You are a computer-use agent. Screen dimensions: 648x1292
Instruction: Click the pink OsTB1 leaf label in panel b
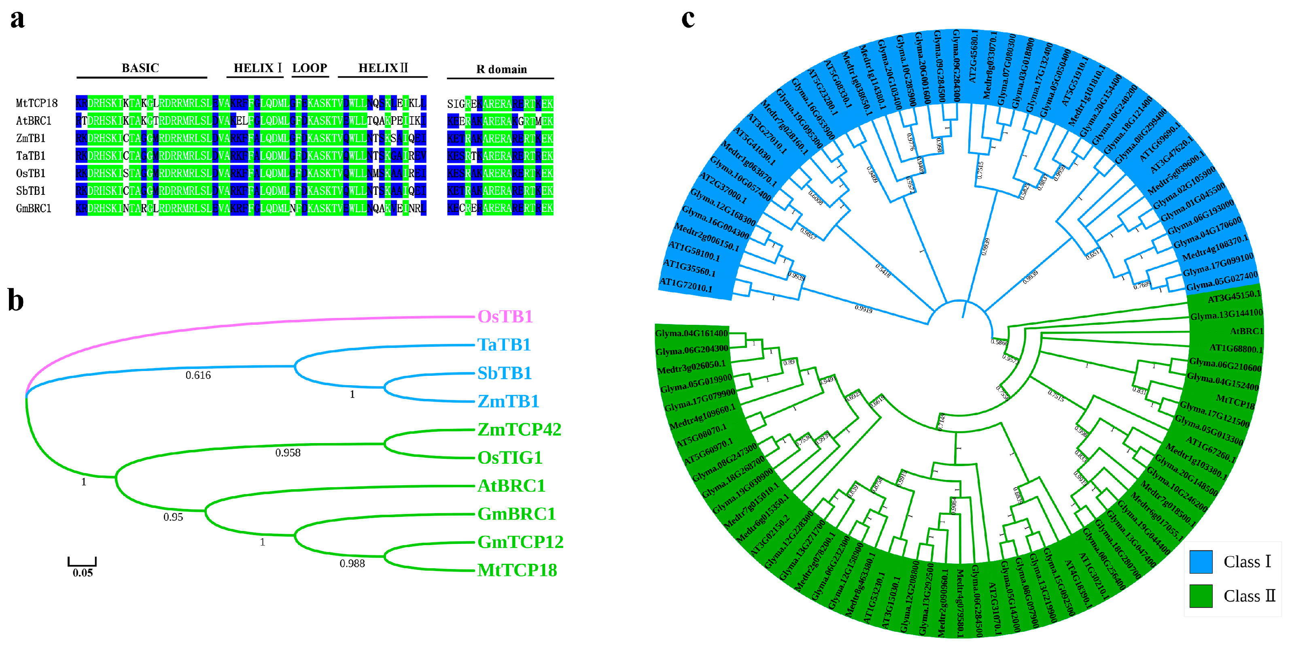pos(505,317)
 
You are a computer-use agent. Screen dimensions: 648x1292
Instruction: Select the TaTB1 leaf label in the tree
pos(503,345)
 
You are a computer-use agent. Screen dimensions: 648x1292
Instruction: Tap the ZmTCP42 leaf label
pos(519,430)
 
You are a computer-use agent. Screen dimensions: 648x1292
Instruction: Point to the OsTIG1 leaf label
pos(509,458)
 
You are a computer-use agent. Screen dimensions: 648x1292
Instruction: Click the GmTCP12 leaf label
pos(520,542)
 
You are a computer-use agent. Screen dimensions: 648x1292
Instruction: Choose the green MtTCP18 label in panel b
pos(517,570)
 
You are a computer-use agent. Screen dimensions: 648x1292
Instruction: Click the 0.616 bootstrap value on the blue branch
pos(198,375)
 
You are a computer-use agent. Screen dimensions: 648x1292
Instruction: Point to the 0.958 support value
pos(288,453)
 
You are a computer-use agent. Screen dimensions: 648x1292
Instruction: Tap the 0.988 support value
pos(352,564)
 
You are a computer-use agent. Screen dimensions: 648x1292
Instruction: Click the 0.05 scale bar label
pos(83,573)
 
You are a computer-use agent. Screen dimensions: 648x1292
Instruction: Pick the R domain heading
pos(501,69)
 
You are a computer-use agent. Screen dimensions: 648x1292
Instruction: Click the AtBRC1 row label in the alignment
pos(34,121)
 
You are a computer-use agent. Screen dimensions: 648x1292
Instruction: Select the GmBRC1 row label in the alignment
pos(34,208)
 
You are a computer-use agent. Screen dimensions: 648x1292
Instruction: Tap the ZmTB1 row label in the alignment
pos(31,139)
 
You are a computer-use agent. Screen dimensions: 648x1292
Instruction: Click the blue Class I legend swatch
pos(1201,562)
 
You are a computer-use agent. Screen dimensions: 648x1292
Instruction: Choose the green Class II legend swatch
pos(1201,596)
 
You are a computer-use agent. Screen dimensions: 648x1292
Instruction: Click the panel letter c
pos(688,19)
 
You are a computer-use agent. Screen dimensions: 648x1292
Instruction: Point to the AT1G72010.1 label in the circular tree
pos(685,286)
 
